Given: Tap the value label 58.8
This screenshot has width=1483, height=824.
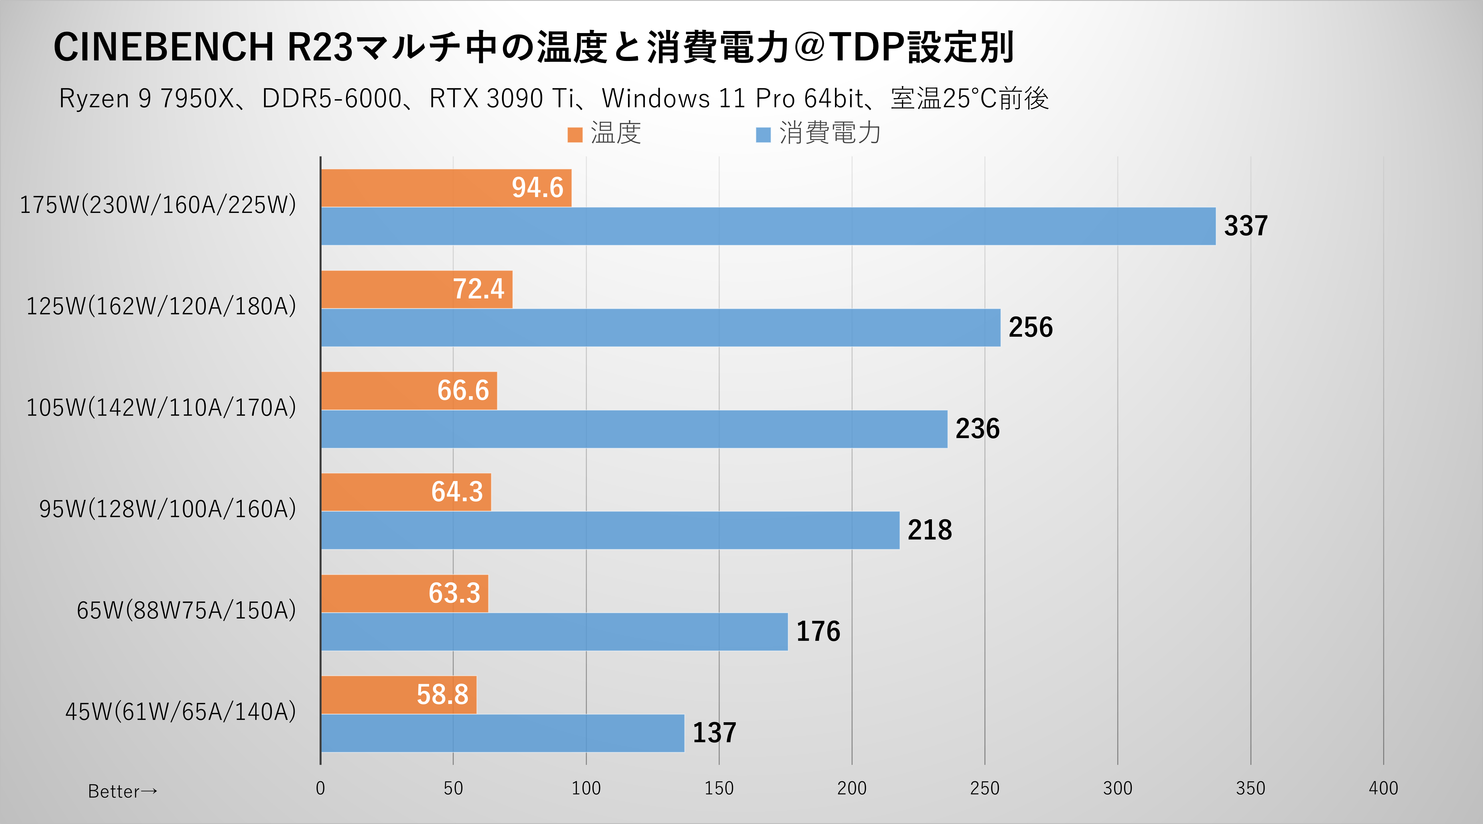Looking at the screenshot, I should click(x=442, y=695).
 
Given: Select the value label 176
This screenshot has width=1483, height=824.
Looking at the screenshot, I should click(x=818, y=631).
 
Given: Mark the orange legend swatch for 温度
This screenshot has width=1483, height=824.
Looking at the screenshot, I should click(x=574, y=135).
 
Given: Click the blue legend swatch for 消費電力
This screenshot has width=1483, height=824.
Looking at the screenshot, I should click(x=763, y=135).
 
